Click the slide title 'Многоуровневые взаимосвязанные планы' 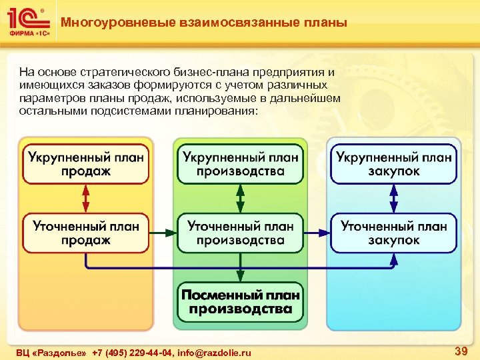coord(204,23)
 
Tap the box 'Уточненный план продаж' coord(85,233)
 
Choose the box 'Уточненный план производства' coord(240,233)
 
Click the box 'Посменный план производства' coord(240,301)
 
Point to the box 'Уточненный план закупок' coord(393,233)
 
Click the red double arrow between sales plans coord(85,198)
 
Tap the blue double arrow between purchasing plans coord(393,198)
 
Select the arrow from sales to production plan coord(163,233)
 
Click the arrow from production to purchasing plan coord(317,233)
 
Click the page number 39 coord(460,351)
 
